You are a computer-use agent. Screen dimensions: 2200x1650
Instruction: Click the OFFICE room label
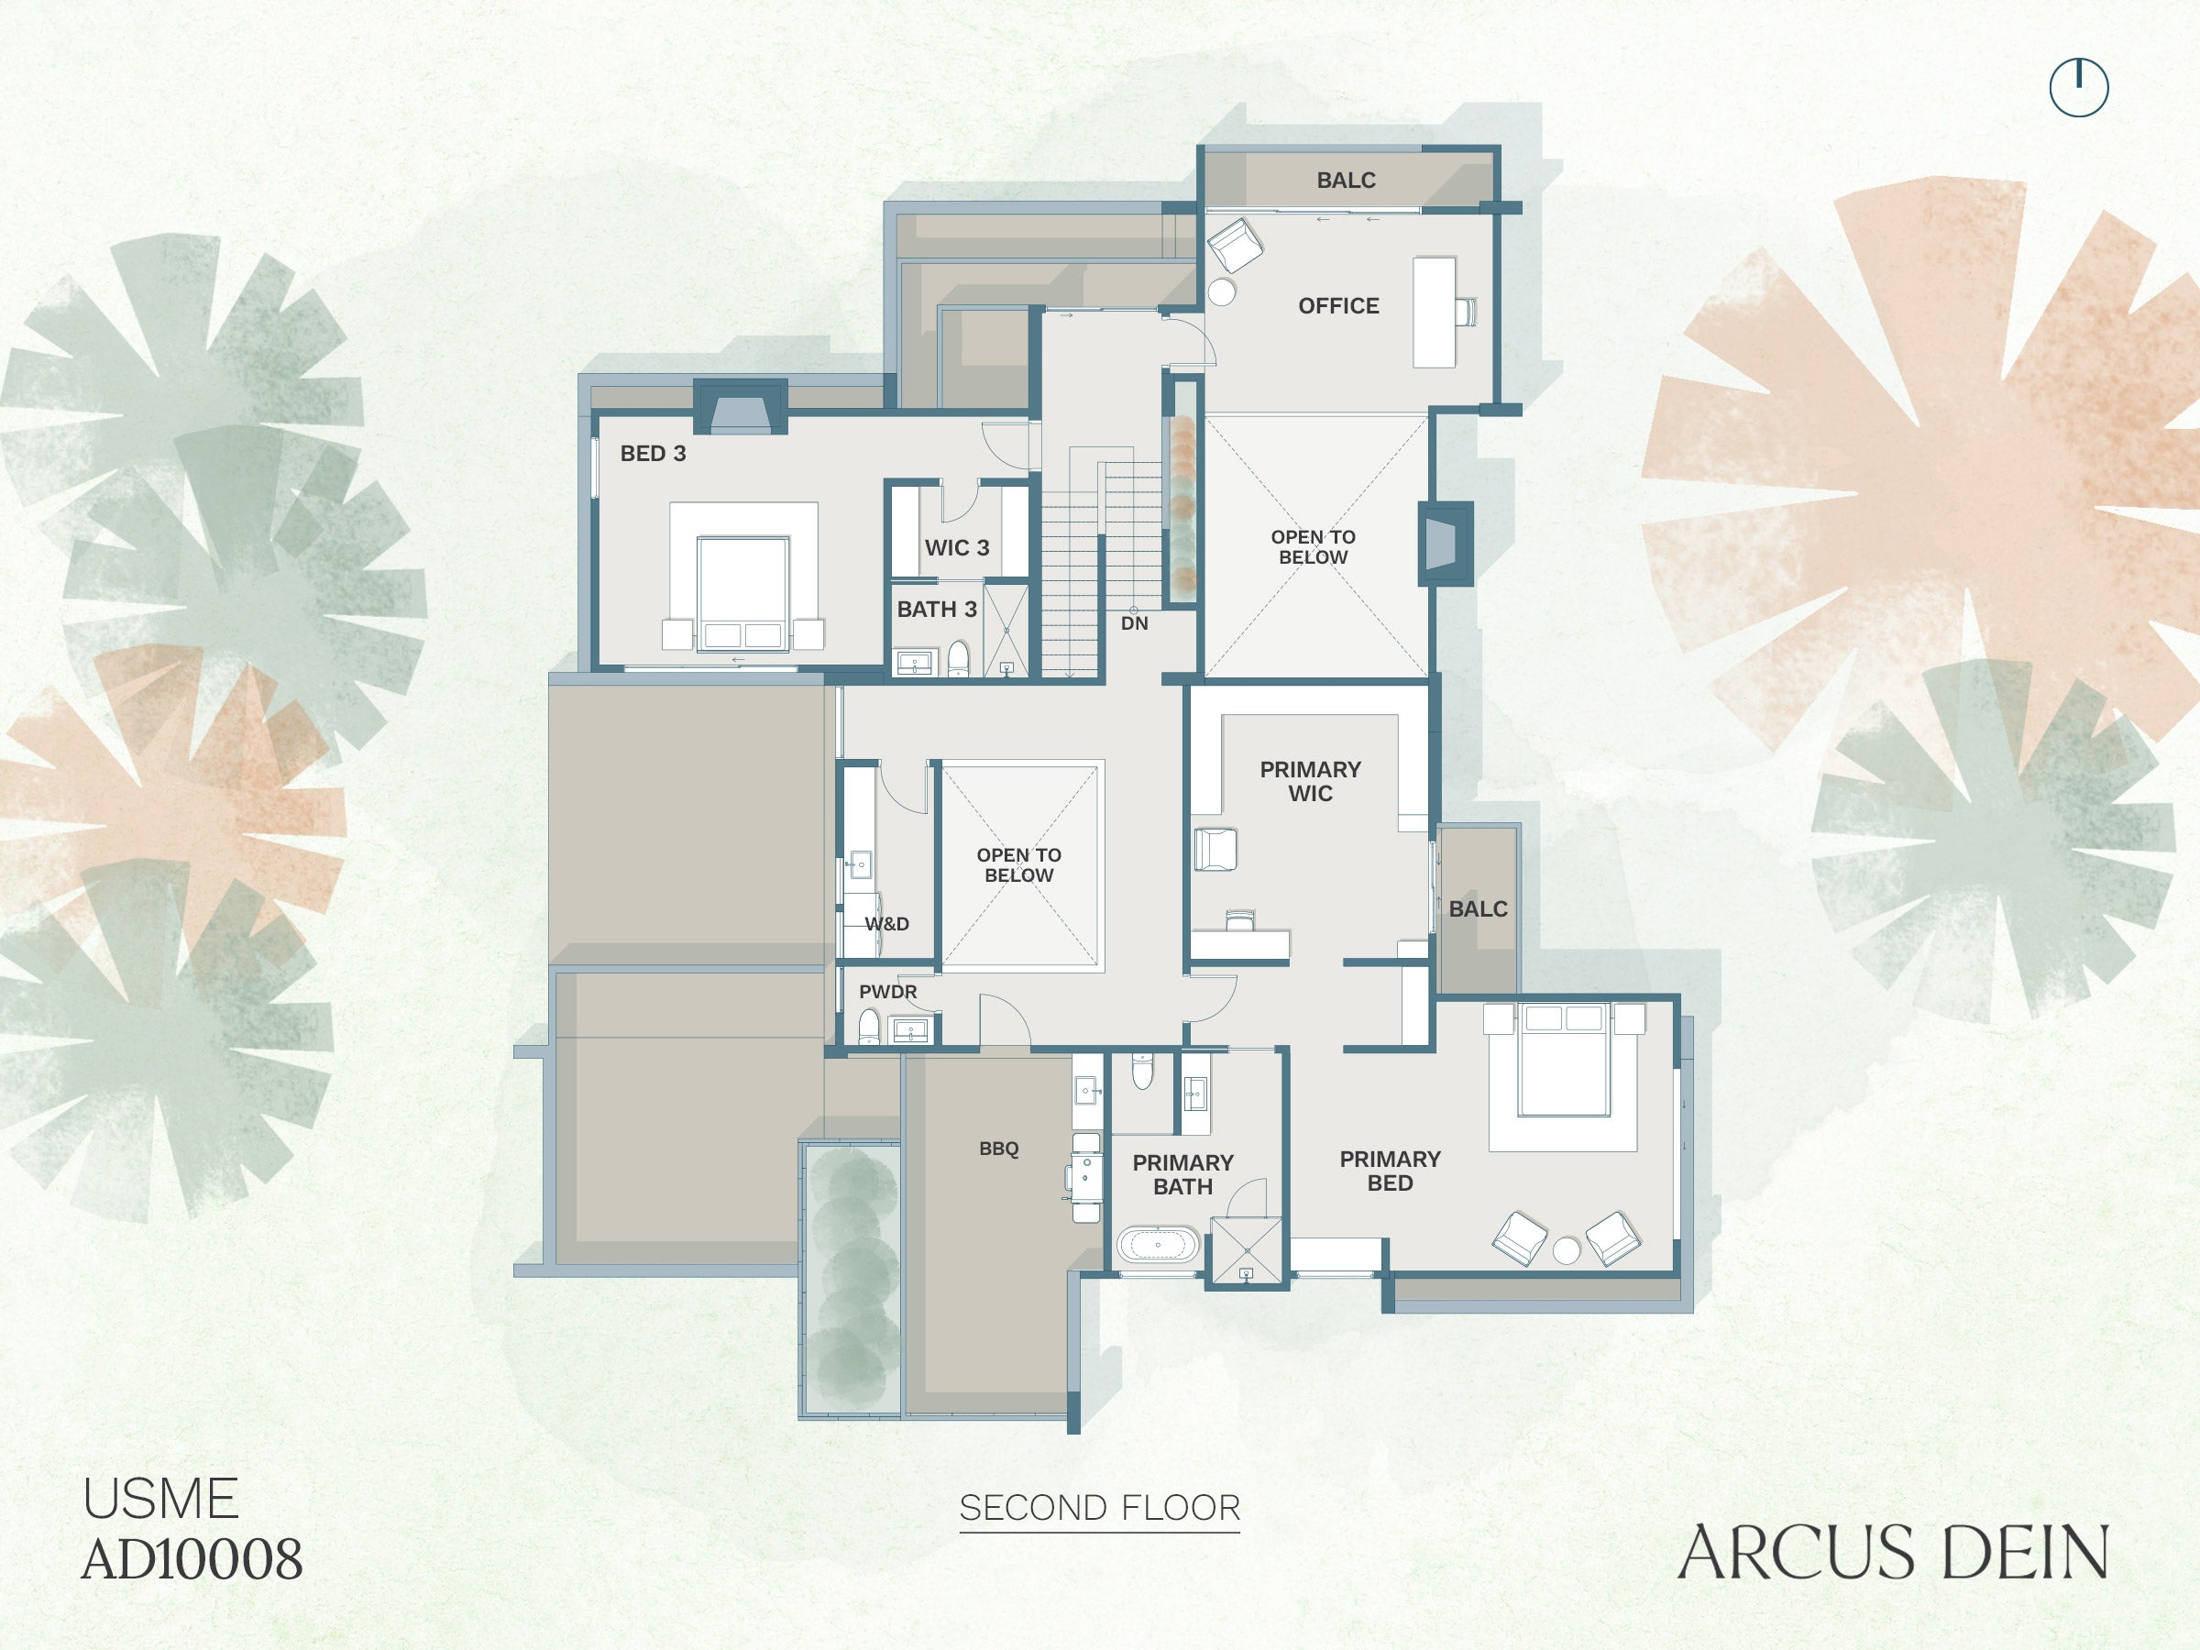(1338, 306)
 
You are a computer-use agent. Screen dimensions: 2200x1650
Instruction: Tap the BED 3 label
(653, 454)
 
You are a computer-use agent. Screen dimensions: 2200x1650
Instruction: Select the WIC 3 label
(957, 548)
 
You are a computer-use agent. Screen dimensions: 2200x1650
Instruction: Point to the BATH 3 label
(937, 609)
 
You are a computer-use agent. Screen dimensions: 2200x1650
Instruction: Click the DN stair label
(1134, 623)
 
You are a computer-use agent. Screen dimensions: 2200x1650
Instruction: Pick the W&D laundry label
(886, 924)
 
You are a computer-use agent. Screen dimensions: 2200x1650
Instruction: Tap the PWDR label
(888, 992)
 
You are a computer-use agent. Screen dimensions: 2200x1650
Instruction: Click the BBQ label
(998, 1149)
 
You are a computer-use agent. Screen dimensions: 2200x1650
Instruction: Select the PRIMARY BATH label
(1182, 1174)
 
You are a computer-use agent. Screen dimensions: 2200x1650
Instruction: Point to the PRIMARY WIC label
(1310, 782)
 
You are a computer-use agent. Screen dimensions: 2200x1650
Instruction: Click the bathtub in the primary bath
(1158, 1244)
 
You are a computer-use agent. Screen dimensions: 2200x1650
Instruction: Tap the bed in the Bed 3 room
(742, 595)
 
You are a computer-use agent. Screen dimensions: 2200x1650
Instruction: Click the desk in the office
(1435, 313)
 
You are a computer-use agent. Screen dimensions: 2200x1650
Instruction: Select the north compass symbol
(2079, 87)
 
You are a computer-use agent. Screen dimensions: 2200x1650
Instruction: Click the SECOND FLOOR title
(1100, 1508)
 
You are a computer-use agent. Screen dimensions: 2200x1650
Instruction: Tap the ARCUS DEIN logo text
(1894, 1552)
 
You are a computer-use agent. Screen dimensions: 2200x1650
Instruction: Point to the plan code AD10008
(192, 1558)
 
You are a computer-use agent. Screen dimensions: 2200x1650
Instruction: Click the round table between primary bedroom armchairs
(1567, 1250)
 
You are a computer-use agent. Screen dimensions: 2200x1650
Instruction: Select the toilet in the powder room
(869, 1027)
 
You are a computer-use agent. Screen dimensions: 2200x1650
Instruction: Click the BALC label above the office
(1346, 180)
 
